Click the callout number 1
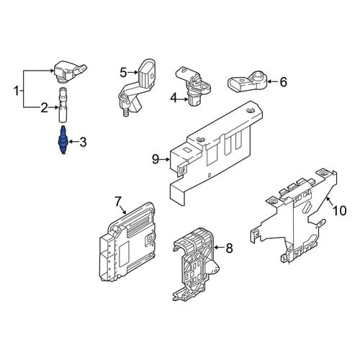[x=16, y=91]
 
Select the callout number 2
[x=44, y=108]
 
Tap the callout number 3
[x=83, y=142]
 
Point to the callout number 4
[x=174, y=98]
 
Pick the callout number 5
[x=123, y=72]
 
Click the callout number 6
[x=284, y=82]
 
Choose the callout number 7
[x=117, y=202]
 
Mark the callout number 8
[x=230, y=248]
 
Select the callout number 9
[x=156, y=159]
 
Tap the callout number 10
[x=340, y=211]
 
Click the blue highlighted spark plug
[x=63, y=140]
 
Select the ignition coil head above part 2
[x=70, y=72]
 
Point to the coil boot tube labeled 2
[x=63, y=105]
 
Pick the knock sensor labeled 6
[x=246, y=81]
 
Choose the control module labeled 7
[x=127, y=241]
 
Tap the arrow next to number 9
[x=166, y=159]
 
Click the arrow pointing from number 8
[x=220, y=247]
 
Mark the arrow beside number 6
[x=273, y=81]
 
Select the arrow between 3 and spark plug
[x=73, y=142]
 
